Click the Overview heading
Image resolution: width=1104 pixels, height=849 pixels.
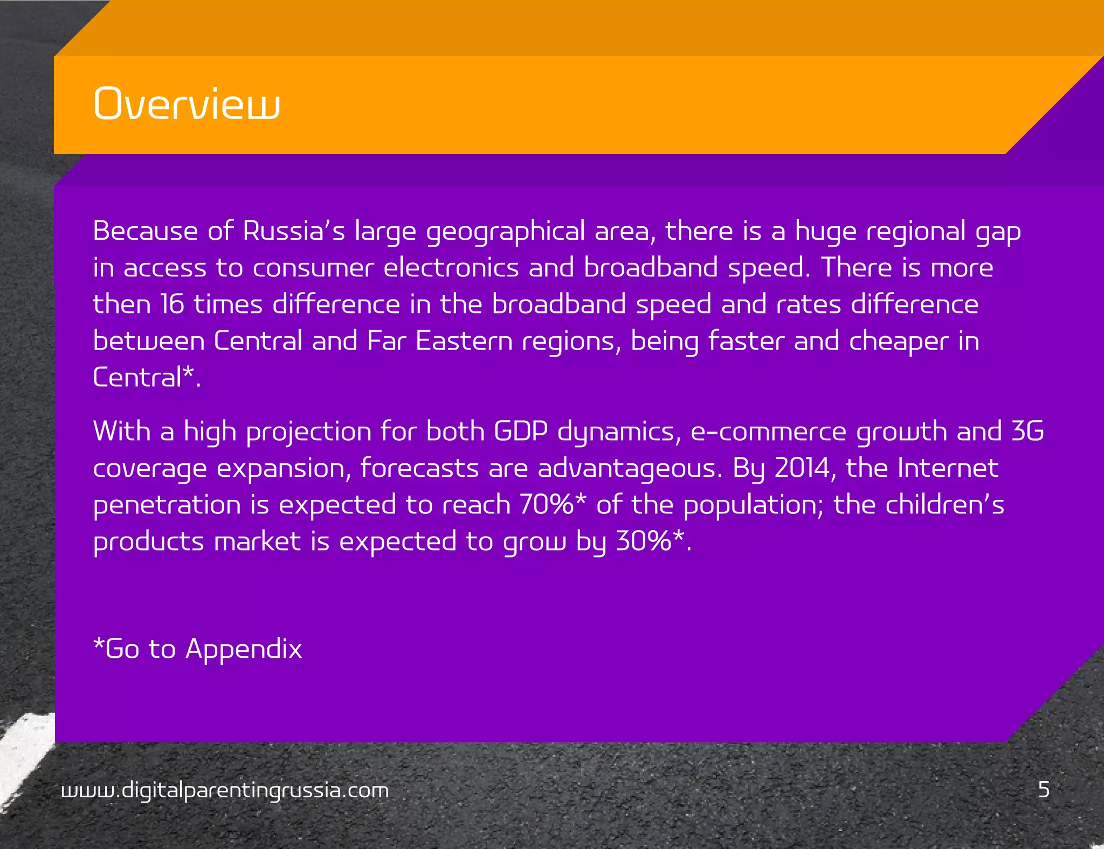pos(187,103)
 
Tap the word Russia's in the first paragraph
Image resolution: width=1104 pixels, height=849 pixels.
pos(294,231)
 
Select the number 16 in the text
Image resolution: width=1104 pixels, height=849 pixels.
pos(172,304)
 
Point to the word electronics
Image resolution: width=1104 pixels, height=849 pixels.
pos(451,268)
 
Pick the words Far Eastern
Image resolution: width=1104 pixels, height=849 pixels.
pos(439,341)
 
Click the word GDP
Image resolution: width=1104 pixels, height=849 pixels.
pos(521,432)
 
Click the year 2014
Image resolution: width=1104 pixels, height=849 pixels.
pos(802,468)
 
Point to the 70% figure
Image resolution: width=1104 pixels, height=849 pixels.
pos(547,505)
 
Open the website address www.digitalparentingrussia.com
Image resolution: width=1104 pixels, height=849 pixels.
pos(225,790)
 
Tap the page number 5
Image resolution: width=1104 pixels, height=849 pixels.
pos(1044,790)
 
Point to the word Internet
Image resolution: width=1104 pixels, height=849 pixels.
pos(948,468)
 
